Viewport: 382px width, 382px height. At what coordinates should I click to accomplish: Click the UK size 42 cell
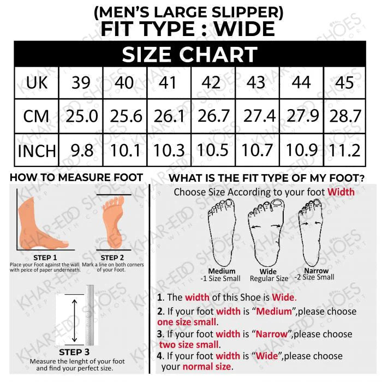click(x=211, y=82)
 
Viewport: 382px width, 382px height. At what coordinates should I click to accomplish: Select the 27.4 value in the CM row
click(x=259, y=116)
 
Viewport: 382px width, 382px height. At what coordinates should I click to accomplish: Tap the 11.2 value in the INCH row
click(x=344, y=150)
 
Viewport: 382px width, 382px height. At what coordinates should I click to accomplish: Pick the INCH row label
click(x=37, y=151)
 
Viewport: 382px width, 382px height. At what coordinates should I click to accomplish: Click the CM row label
click(x=36, y=116)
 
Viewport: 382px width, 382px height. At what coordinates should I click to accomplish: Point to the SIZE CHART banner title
click(x=189, y=54)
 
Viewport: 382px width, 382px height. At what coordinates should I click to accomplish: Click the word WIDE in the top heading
click(x=244, y=29)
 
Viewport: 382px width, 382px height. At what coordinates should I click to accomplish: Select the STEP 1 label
click(x=45, y=258)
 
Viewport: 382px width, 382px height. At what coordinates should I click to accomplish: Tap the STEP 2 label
click(x=112, y=258)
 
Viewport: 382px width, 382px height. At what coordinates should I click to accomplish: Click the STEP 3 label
click(x=74, y=352)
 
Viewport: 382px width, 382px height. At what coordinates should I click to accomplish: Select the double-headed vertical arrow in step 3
click(x=75, y=321)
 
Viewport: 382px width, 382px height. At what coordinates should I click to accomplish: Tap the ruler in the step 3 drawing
click(x=90, y=315)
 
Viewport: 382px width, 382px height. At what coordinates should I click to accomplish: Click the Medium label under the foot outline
click(x=222, y=271)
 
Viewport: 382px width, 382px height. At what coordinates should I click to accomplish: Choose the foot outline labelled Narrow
click(x=312, y=232)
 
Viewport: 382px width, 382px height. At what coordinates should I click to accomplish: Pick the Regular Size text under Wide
click(x=269, y=278)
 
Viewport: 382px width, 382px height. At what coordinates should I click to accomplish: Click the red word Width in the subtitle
click(x=341, y=192)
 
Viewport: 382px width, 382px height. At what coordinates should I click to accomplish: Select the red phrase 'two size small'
click(x=189, y=345)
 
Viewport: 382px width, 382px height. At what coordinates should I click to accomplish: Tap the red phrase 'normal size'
click(x=207, y=367)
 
